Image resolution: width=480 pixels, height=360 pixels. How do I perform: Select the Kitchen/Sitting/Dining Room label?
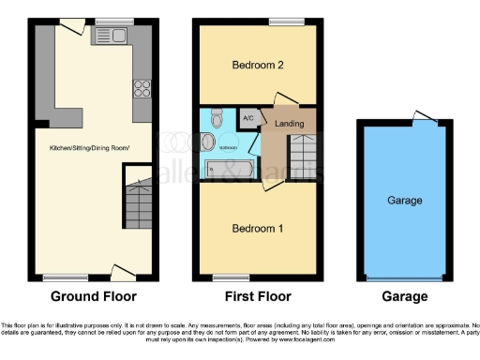click(x=91, y=148)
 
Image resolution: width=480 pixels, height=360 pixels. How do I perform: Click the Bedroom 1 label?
click(x=259, y=228)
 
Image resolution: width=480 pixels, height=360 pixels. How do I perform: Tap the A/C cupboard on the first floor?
click(x=248, y=118)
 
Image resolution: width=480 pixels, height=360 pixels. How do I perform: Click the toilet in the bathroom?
click(x=215, y=118)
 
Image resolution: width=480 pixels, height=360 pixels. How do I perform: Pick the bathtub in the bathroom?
click(x=228, y=171)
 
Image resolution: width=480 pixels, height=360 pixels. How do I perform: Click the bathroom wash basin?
click(x=208, y=142)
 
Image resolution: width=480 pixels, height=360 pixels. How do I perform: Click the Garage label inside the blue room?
click(x=405, y=201)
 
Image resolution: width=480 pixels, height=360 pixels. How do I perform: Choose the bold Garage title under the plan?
click(x=405, y=296)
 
